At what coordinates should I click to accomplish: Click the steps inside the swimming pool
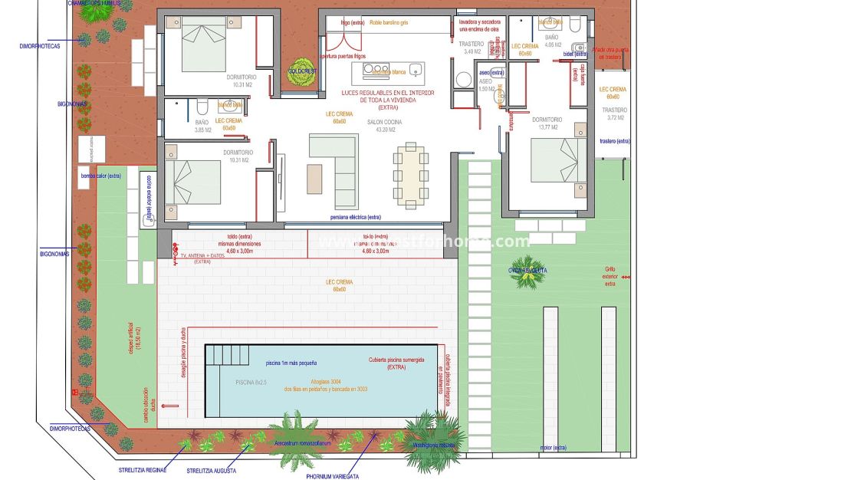coord(228,355)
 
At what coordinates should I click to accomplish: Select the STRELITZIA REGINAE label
coord(143,469)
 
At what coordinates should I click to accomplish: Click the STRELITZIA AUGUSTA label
coord(211,470)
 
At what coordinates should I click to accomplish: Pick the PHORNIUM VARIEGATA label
coord(332,476)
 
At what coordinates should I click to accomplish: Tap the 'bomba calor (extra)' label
coord(101,176)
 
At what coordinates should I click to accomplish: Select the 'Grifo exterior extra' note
coord(610,276)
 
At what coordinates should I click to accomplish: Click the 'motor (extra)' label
coord(553,447)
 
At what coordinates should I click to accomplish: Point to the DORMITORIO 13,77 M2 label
coord(547,123)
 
